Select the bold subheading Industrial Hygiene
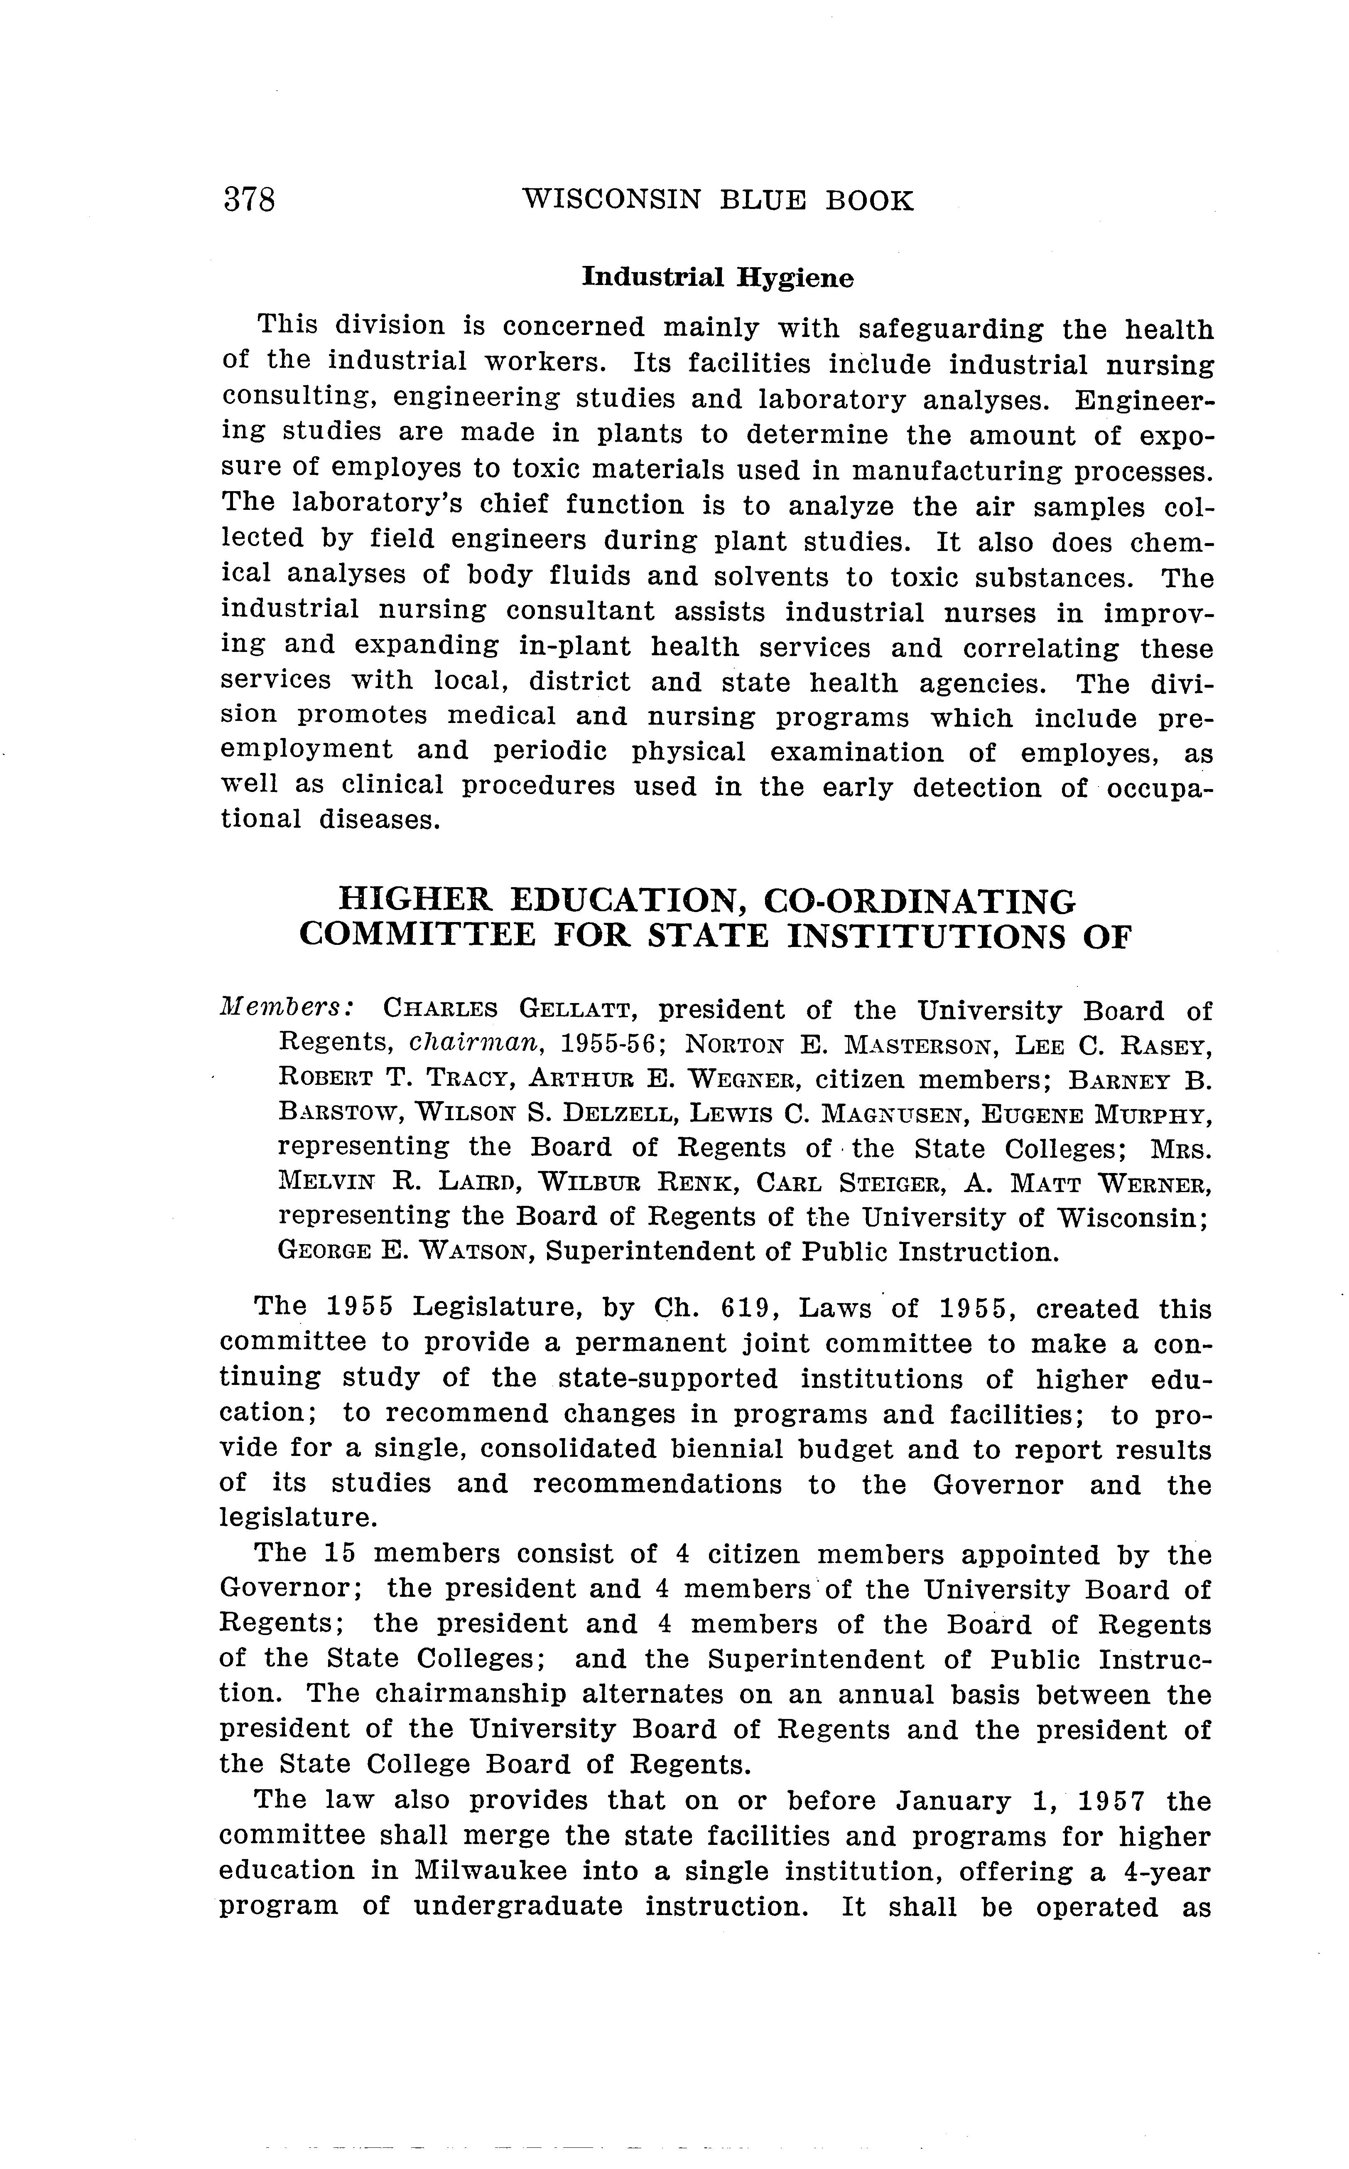coord(717,278)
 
